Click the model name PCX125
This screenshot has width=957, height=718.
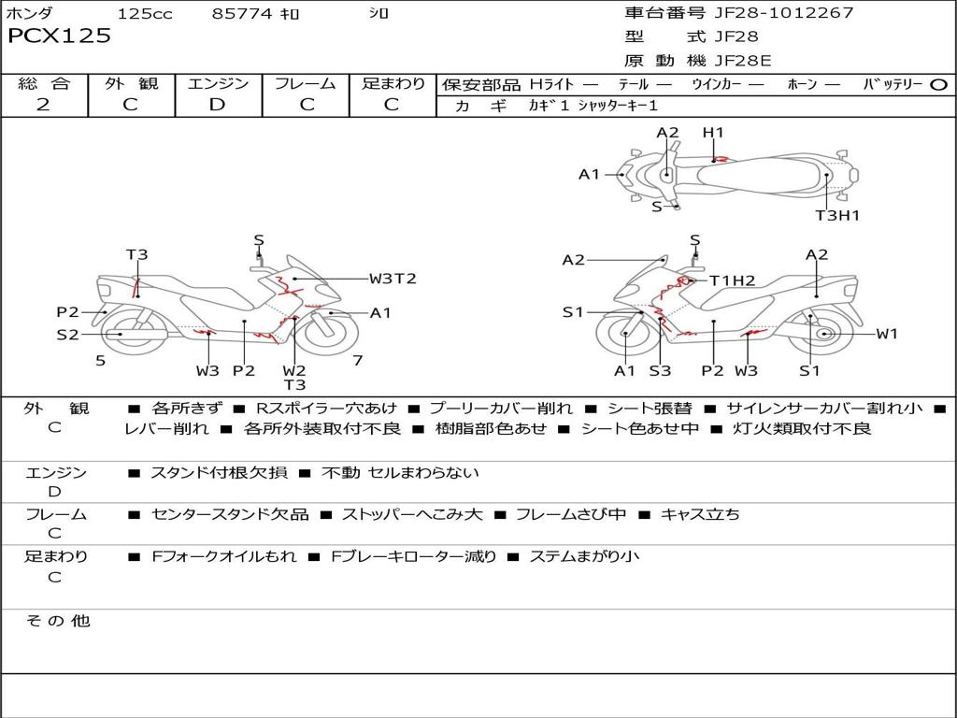click(x=59, y=36)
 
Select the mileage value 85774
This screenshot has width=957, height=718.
click(x=242, y=14)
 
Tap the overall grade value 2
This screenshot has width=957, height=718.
click(x=43, y=105)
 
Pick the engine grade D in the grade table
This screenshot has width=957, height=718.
click(x=218, y=105)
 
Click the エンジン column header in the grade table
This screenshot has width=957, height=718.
click(x=218, y=84)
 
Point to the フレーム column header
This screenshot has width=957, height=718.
click(x=306, y=84)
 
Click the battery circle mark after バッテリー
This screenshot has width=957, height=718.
click(x=939, y=85)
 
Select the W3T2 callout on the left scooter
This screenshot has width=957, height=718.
click(x=393, y=279)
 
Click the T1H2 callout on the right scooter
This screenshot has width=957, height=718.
click(x=732, y=280)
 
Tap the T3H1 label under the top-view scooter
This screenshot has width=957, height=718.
click(x=837, y=215)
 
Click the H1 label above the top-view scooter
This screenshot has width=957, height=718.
click(x=713, y=133)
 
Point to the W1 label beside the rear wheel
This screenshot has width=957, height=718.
click(x=887, y=334)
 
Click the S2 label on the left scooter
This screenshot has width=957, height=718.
click(x=67, y=334)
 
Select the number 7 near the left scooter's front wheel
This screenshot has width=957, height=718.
click(x=357, y=360)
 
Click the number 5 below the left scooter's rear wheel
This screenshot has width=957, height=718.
click(x=100, y=360)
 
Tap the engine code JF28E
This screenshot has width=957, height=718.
click(x=743, y=61)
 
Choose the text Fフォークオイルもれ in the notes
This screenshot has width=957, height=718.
click(x=224, y=556)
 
